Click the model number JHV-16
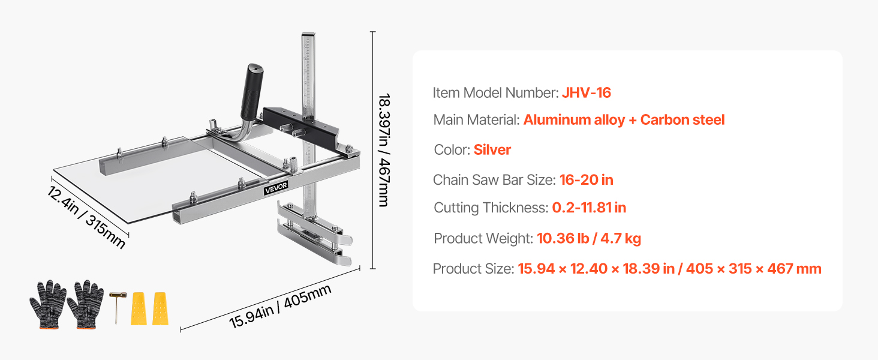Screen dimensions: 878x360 586,93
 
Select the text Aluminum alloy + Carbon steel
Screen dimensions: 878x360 624,120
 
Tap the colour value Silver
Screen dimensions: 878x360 492,150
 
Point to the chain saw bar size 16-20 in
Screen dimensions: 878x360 586,180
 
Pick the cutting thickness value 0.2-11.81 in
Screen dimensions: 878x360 589,208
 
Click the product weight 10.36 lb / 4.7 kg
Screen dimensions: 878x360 589,238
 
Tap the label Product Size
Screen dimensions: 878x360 474,269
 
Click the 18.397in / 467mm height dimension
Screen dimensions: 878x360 384,150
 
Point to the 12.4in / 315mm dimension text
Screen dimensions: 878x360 86,217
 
